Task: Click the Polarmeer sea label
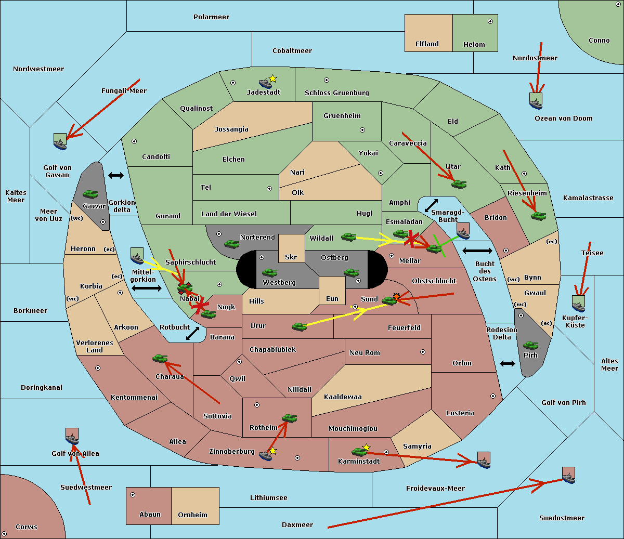coord(211,17)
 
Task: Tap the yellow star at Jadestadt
coord(273,78)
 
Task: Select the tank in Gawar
coord(90,194)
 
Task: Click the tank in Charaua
coord(160,358)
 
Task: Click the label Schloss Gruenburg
coord(336,93)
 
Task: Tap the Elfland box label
coord(427,44)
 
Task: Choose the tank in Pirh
coord(530,345)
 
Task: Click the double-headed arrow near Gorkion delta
coord(116,176)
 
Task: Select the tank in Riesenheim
coord(538,216)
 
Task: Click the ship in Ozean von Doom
coord(536,101)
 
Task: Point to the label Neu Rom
coord(365,352)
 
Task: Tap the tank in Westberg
coord(269,272)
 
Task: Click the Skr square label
coord(291,257)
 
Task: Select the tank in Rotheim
coord(289,418)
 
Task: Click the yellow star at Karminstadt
coord(367,447)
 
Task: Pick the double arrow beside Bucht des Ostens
coord(477,252)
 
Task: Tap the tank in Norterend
coord(231,244)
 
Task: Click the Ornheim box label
coord(192,515)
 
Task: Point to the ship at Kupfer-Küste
coord(578,304)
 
